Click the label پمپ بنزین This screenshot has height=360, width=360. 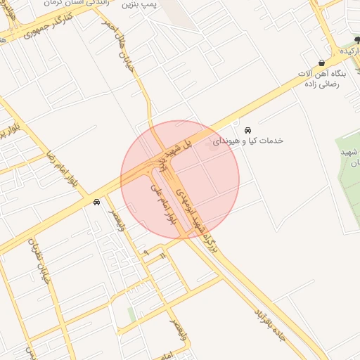pyautogui.click(x=139, y=4)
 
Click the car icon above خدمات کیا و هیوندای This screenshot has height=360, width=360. pyautogui.click(x=247, y=130)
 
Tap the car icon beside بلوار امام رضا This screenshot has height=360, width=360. pyautogui.click(x=96, y=202)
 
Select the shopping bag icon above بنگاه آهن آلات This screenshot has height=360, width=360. pyautogui.click(x=321, y=63)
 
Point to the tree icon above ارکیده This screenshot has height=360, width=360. pyautogui.click(x=356, y=40)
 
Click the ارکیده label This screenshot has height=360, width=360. pyautogui.click(x=349, y=52)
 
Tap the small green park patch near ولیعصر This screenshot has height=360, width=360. pyautogui.click(x=131, y=314)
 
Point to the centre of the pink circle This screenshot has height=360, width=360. pyautogui.click(x=180, y=179)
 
